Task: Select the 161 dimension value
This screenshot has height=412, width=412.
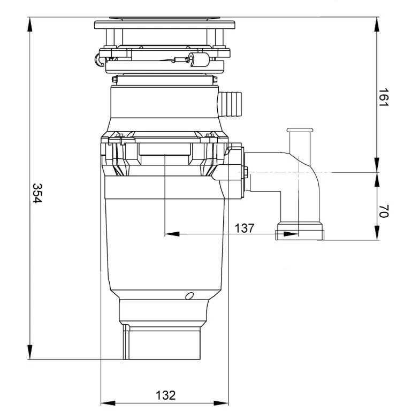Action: [x=383, y=98]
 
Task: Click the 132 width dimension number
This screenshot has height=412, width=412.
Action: [x=165, y=395]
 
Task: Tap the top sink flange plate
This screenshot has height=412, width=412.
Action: [x=165, y=25]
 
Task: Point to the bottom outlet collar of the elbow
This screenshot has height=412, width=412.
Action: [x=299, y=233]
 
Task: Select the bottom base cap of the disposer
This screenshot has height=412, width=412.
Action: [x=162, y=342]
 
